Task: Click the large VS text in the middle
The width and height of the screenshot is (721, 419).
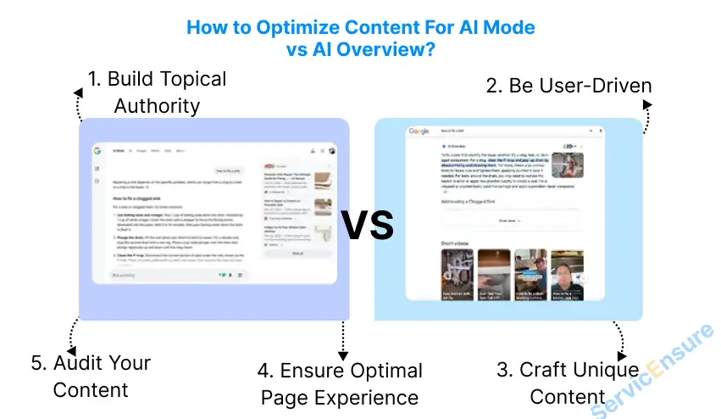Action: pyautogui.click(x=368, y=225)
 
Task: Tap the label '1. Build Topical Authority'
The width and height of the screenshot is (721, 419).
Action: pyautogui.click(x=157, y=92)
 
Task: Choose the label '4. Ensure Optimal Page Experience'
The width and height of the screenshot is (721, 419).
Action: pyautogui.click(x=341, y=383)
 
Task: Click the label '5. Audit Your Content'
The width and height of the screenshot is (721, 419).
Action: pyautogui.click(x=92, y=376)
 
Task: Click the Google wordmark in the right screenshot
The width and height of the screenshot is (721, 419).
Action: pyautogui.click(x=419, y=131)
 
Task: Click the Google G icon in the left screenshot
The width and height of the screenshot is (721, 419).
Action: pyautogui.click(x=97, y=151)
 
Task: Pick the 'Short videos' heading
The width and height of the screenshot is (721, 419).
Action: pyautogui.click(x=455, y=244)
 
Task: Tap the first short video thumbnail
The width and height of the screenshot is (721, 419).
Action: pyautogui.click(x=459, y=273)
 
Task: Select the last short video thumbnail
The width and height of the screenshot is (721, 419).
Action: pyautogui.click(x=567, y=273)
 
